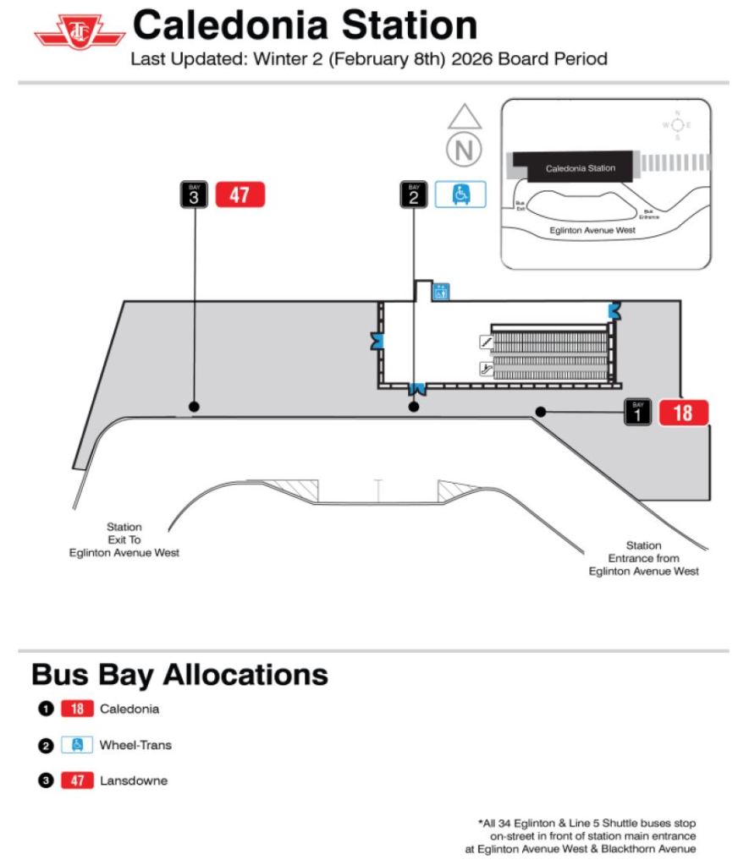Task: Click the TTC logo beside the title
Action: [x=80, y=31]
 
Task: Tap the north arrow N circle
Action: [x=464, y=150]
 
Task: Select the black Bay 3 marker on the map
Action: [x=194, y=194]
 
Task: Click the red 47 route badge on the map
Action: [x=240, y=194]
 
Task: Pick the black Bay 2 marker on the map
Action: [x=414, y=194]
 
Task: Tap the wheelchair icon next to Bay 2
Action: [x=461, y=194]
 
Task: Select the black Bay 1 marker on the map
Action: [x=638, y=412]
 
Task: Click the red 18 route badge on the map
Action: [x=683, y=412]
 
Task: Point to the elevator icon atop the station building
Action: [x=440, y=293]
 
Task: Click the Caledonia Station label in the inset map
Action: [x=580, y=168]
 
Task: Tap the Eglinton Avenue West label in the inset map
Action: [x=592, y=229]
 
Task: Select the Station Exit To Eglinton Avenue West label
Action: [x=124, y=539]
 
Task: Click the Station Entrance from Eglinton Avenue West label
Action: [x=644, y=558]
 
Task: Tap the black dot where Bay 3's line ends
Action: [x=194, y=405]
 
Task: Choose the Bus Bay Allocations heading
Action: [x=179, y=675]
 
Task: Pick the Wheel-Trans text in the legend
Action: [x=135, y=745]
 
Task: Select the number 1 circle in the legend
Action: [x=44, y=709]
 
